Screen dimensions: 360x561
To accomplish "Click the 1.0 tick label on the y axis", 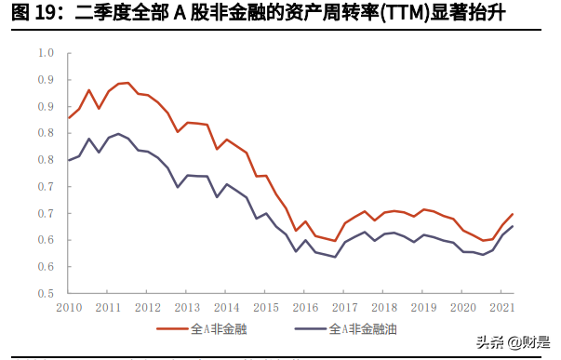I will pyautogui.click(x=46, y=52).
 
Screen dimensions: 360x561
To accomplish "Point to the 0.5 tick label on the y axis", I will pyautogui.click(x=46, y=293).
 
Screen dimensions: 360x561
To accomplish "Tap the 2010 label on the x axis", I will pyautogui.click(x=68, y=308).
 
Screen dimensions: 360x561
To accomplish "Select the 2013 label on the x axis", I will pyautogui.click(x=188, y=308).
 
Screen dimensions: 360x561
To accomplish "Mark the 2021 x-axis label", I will pyautogui.click(x=503, y=308).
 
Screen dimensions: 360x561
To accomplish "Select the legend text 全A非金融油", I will pyautogui.click(x=364, y=330).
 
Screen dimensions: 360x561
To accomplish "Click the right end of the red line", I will pyautogui.click(x=513, y=214).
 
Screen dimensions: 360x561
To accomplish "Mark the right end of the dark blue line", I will pyautogui.click(x=513, y=226).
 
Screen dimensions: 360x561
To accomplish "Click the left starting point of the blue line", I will pyautogui.click(x=68, y=160).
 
